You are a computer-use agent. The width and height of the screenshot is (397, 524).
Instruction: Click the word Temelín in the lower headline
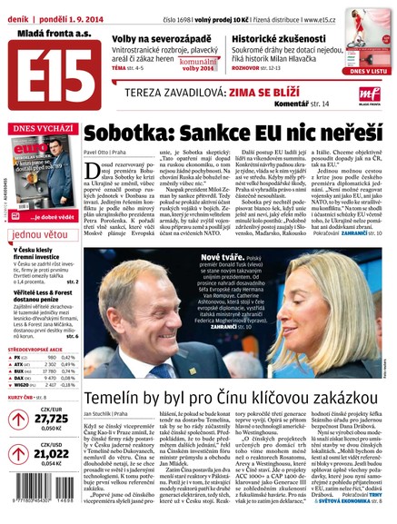tap(116, 398)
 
